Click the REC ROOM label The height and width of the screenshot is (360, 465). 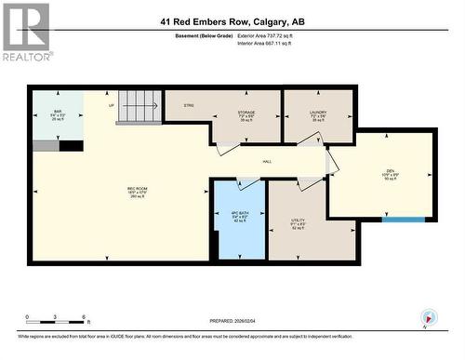tap(138, 192)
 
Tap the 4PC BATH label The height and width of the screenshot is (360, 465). tap(239, 217)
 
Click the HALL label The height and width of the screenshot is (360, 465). tap(267, 162)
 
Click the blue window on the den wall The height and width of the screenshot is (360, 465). tap(404, 220)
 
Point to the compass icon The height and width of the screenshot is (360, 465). tap(429, 317)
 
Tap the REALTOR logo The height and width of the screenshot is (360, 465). tap(26, 32)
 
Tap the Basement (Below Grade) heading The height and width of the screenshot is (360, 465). tap(204, 35)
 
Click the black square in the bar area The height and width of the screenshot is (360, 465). tap(71, 146)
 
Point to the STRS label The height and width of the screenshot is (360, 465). tap(188, 105)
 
